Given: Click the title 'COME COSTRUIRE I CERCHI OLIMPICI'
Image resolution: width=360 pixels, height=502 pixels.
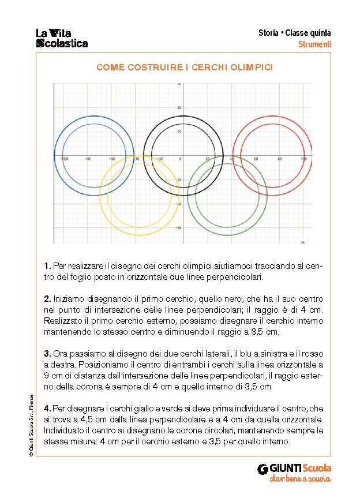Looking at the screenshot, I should [x=185, y=68].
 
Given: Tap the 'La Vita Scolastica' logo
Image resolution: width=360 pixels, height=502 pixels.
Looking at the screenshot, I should [x=62, y=38].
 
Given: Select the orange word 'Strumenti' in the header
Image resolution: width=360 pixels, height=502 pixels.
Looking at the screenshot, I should [x=314, y=44].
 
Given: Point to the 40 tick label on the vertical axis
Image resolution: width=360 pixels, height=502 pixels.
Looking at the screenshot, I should [x=179, y=108].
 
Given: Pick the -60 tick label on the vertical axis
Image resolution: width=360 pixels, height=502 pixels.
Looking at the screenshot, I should [x=179, y=228].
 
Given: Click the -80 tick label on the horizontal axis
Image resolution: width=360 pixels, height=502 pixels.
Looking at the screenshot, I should [x=88, y=159].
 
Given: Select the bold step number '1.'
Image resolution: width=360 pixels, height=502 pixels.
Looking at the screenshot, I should [x=47, y=267].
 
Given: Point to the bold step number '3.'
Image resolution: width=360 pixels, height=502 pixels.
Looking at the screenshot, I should [x=47, y=353].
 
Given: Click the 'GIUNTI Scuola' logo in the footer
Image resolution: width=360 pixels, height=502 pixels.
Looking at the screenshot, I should [x=294, y=468].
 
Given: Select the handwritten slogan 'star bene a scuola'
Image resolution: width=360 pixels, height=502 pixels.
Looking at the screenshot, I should [x=299, y=479].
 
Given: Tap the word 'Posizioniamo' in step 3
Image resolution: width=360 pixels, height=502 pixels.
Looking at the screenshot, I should [x=69, y=364].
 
